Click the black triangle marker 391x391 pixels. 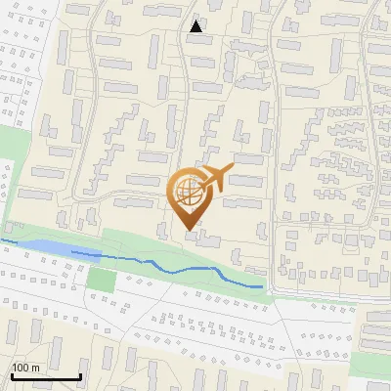196,26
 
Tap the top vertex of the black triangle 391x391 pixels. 196,20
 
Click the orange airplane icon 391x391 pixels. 216,180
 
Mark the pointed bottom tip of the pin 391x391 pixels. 189,230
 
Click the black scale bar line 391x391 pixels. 46,376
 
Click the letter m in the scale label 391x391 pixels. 35,368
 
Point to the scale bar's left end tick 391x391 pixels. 12,374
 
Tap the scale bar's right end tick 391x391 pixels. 80,374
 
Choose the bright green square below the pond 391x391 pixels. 101,279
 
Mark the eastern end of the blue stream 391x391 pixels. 262,286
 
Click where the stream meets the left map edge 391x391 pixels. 1,239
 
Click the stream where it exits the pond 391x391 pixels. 73,253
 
